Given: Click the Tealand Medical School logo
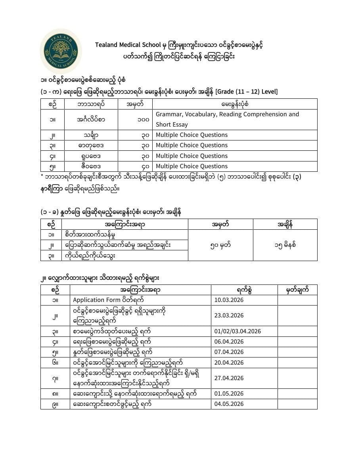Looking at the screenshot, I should [x=61, y=51].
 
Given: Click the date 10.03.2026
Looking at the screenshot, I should [x=229, y=300].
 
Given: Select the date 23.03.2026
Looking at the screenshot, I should [x=229, y=316].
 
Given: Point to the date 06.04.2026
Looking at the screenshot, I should [x=229, y=342].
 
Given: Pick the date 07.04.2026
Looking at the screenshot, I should [x=229, y=352].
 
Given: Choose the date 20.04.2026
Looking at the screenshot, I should [x=229, y=363].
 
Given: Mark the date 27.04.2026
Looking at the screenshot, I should [x=229, y=378].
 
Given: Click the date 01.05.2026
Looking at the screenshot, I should [x=229, y=394].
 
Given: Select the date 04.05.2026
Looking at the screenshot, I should [x=229, y=404].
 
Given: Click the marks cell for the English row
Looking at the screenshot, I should [x=135, y=119].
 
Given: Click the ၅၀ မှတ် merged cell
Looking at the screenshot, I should [x=220, y=245].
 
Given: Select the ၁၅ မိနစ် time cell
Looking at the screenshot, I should [x=285, y=245].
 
